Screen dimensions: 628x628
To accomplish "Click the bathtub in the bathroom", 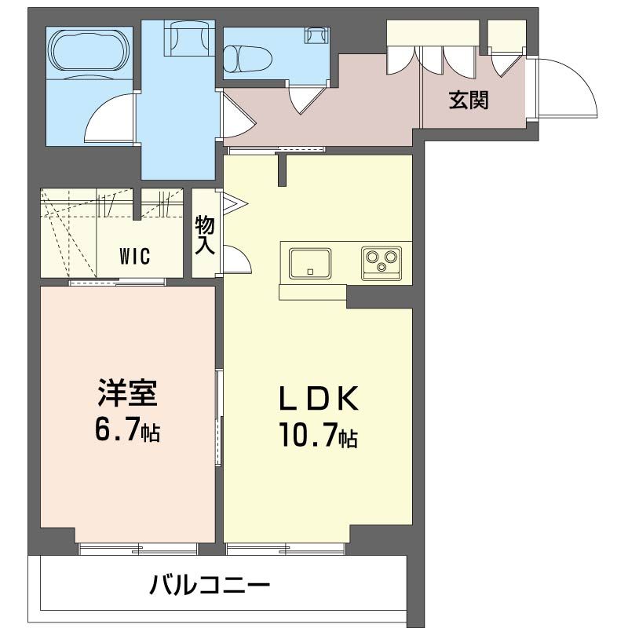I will tap(88, 52).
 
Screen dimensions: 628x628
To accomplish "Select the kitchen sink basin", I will tap(310, 261).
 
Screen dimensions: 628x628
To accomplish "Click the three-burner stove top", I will tap(382, 261).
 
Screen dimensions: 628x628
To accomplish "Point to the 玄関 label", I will tap(469, 100).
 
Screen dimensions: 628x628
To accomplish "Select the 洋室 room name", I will tap(128, 393).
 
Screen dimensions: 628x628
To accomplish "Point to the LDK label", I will tap(319, 399).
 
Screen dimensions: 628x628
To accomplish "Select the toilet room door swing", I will tap(306, 99).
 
